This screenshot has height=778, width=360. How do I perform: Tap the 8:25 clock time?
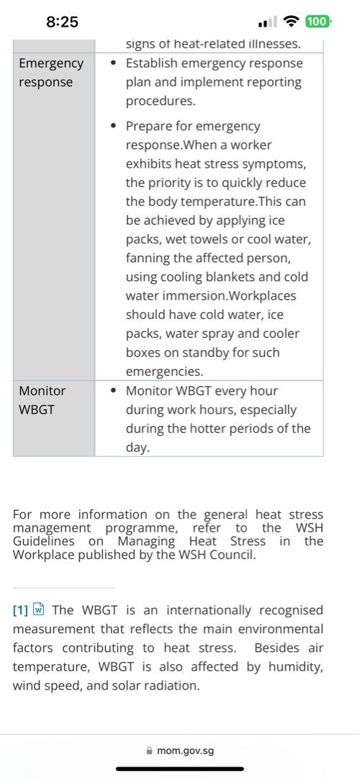click(62, 22)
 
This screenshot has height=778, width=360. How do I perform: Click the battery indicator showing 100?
click(318, 22)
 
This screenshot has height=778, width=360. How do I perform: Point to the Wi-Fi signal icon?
click(292, 22)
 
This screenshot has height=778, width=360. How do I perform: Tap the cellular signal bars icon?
click(267, 22)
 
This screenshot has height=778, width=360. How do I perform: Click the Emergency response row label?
click(50, 72)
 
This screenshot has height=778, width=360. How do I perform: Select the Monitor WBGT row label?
click(42, 400)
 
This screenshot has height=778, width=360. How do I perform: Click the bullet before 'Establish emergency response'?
click(114, 63)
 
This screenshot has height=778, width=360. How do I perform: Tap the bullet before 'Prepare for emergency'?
click(114, 126)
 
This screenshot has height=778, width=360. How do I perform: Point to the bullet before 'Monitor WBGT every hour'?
click(114, 391)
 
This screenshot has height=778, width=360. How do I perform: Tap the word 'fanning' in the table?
click(149, 259)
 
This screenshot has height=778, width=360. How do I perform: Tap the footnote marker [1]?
click(20, 610)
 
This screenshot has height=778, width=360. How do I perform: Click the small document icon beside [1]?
click(40, 609)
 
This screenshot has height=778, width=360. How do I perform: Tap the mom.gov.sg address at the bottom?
click(186, 751)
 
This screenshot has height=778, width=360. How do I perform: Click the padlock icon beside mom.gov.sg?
click(150, 751)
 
